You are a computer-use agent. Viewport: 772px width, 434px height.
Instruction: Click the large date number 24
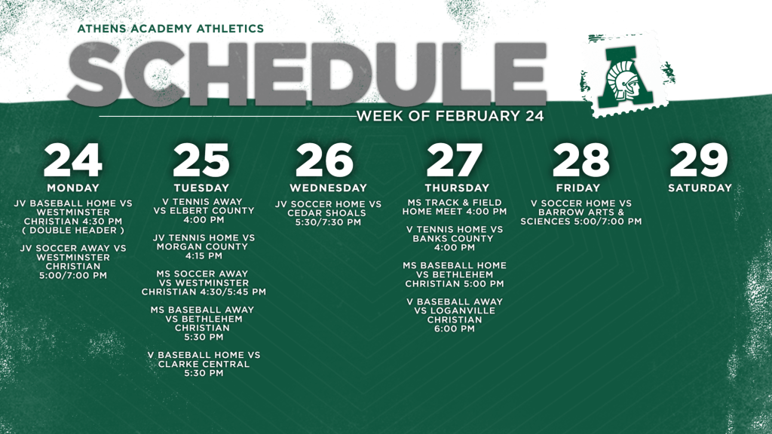73,160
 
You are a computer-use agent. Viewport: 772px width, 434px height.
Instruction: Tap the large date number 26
324,160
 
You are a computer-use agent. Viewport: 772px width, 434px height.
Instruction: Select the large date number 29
699,160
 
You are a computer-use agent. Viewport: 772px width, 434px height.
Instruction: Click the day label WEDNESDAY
329,188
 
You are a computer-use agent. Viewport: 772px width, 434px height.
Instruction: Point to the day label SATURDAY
700,188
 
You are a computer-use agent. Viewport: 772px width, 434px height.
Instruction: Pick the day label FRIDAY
578,188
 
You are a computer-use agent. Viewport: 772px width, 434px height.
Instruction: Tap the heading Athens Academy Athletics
170,29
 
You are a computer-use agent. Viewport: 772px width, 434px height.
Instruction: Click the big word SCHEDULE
308,74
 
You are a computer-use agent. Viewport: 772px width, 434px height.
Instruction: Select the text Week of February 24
450,116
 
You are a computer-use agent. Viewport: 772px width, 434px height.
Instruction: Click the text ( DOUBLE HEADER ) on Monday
73,231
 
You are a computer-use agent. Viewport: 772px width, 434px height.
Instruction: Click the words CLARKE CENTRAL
204,364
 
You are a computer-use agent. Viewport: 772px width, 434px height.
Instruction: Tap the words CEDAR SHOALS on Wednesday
327,213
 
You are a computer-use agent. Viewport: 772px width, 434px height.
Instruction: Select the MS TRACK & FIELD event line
455,202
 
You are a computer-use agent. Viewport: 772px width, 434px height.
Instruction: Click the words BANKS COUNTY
453,239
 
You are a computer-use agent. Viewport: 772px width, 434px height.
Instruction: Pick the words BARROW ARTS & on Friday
581,212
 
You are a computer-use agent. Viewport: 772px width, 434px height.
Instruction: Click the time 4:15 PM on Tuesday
204,256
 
